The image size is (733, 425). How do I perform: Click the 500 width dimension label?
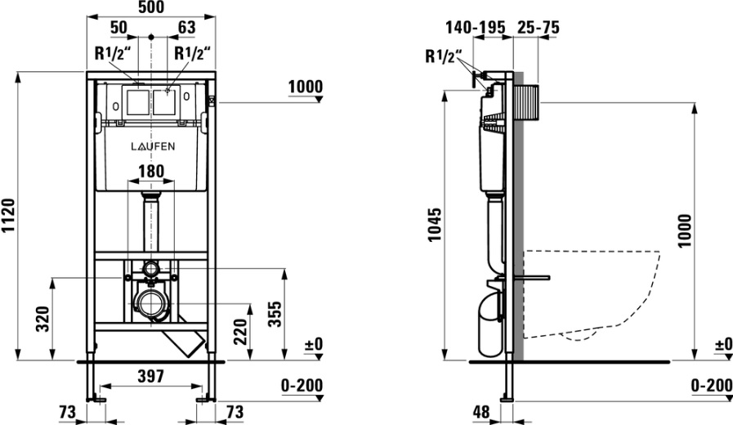pos(151,7)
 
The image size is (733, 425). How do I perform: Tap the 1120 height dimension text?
pos(9,217)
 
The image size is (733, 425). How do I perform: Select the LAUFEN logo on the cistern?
pos(152,146)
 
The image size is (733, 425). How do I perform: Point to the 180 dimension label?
pos(151,171)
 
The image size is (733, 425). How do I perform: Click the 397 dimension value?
pos(151,376)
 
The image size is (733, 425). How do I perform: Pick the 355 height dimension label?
pos(276,315)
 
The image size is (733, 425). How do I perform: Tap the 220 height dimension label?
pos(240,332)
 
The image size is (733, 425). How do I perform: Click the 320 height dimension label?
pos(43,319)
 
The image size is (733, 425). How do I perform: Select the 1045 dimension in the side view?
pos(436,225)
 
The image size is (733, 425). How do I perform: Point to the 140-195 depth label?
pos(476,28)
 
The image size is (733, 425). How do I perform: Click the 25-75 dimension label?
pos(538,28)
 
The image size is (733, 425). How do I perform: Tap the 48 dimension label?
pos(481,412)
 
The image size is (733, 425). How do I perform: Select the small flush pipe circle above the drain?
pos(151,269)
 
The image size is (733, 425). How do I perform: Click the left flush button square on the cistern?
pos(137,101)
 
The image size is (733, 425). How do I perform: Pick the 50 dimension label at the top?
pos(118,28)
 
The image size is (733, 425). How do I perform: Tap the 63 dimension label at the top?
pos(186,28)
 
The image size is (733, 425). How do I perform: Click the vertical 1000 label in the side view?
pos(684,230)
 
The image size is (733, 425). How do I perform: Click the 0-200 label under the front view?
pos(302,386)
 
